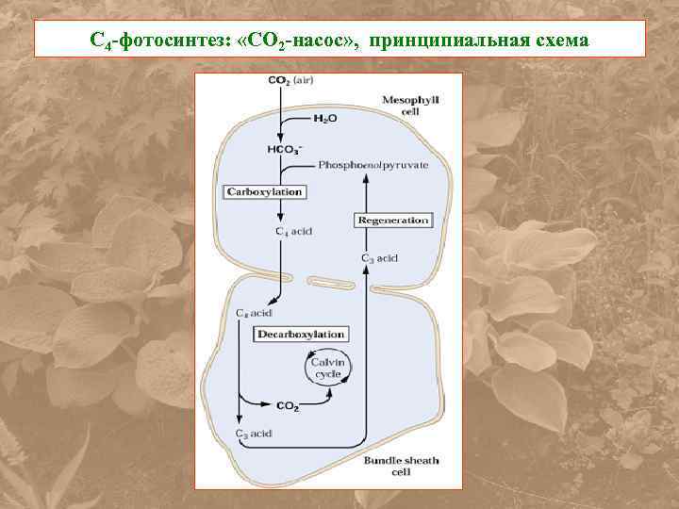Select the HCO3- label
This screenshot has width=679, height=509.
[284, 148]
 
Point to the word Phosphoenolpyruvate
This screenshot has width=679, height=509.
[373, 164]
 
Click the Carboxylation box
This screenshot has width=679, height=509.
[264, 191]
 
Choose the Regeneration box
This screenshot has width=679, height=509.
[392, 220]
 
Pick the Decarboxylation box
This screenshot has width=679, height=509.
[301, 334]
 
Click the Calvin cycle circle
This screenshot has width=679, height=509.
[328, 367]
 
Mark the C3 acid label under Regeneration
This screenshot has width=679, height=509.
[379, 257]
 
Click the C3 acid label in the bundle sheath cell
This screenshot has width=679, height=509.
[253, 434]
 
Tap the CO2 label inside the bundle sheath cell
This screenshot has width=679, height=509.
[288, 406]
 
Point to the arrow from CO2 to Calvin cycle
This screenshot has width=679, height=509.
[321, 396]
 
